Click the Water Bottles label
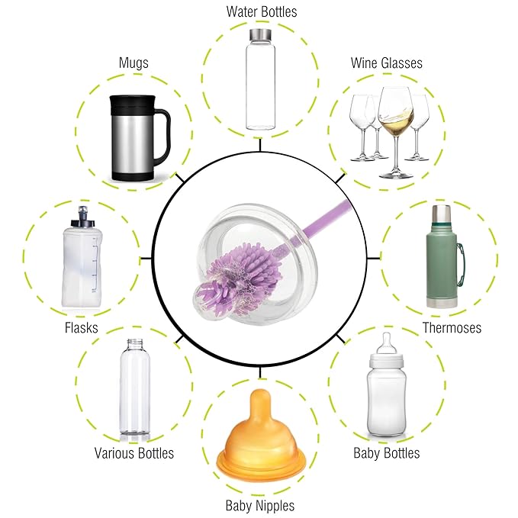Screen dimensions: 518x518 coord(262,12)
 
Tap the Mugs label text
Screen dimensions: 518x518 coord(134,63)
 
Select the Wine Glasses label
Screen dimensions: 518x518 coord(387,63)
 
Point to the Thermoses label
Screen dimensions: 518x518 coord(452,328)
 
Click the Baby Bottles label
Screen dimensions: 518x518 coord(387,453)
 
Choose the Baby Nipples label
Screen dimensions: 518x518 coord(260,506)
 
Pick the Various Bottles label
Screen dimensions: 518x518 coord(134,453)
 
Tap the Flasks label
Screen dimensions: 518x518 coord(82,328)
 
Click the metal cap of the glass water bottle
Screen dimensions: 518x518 coord(260,34)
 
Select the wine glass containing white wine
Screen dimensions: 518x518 coord(396,132)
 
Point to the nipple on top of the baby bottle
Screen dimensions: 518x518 coord(386,343)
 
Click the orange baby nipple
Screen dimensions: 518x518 coord(260,436)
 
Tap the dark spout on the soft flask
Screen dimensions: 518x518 coord(82,217)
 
